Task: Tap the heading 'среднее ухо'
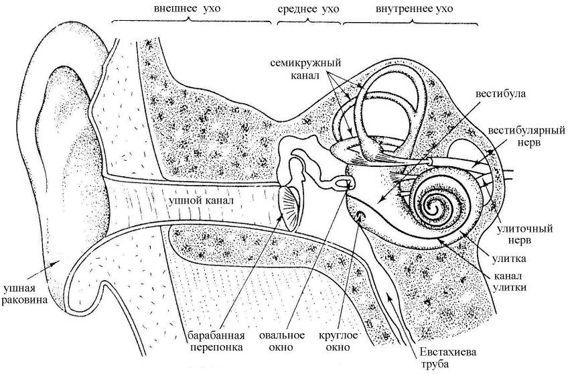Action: click(307, 9)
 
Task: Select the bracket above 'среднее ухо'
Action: click(307, 22)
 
